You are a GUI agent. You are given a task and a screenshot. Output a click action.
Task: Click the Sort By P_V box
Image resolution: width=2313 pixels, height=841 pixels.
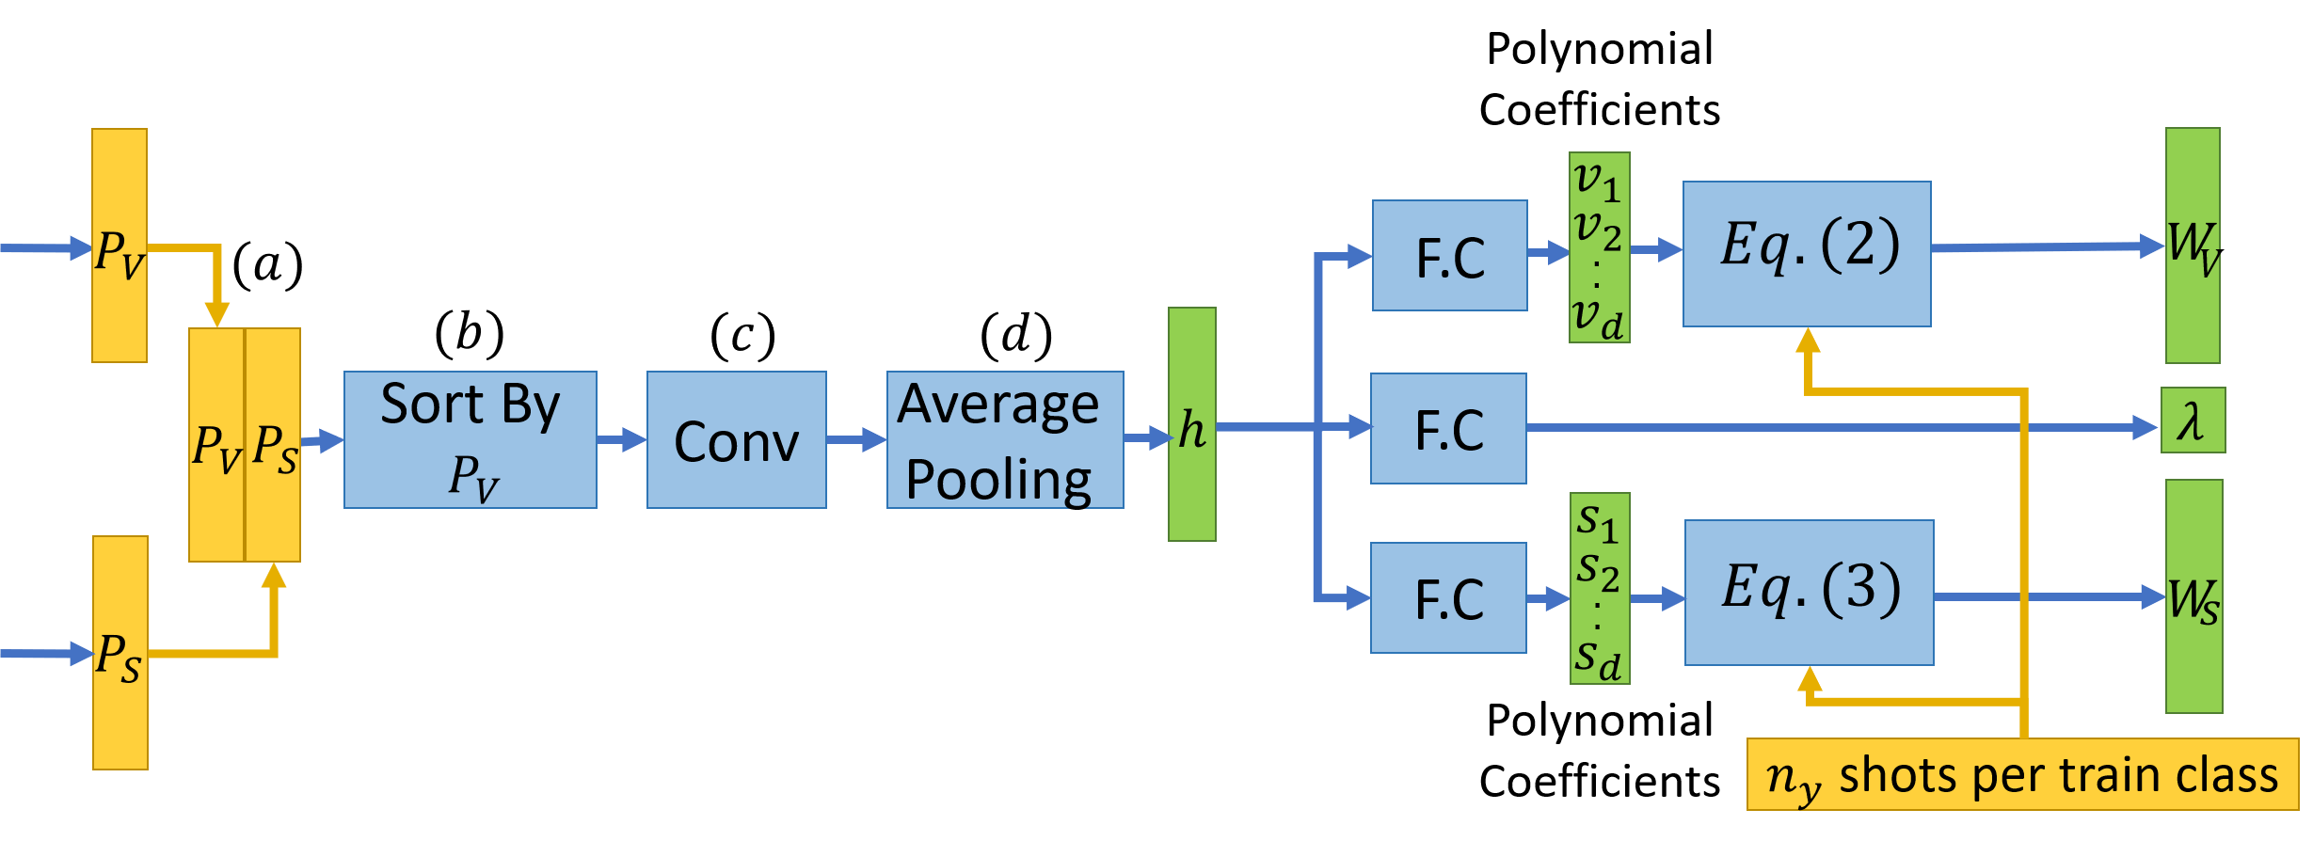coord(470,439)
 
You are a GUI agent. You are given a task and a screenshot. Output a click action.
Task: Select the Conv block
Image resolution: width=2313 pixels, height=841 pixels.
coord(736,439)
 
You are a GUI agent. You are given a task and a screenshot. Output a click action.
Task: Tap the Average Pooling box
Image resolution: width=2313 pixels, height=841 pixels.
coord(1004,439)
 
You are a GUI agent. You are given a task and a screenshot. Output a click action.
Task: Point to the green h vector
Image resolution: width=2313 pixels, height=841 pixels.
coord(1191,424)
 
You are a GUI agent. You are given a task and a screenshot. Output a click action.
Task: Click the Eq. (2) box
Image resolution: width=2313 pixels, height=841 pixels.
coord(1807,254)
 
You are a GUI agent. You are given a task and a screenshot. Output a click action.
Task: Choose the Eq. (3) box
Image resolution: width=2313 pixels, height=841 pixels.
coord(1809,593)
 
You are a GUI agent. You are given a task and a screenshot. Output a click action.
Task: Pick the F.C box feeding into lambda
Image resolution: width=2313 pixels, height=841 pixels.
coord(1448,428)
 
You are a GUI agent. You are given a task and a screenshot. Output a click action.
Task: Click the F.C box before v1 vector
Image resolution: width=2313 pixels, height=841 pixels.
coord(1449,255)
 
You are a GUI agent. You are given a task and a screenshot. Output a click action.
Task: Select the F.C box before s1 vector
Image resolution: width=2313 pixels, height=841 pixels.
coord(1448,597)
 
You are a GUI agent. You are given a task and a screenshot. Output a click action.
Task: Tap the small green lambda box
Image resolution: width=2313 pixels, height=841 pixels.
coord(2193,420)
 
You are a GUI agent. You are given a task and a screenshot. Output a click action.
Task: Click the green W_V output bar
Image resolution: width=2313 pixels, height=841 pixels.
coord(2193,246)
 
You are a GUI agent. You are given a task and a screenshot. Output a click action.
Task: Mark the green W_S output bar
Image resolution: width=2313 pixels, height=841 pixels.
coord(2193,596)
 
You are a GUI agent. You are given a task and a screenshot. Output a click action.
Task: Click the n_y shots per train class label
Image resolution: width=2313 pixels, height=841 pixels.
coord(2022,774)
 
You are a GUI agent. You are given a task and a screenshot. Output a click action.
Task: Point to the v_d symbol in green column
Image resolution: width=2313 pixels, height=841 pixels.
coord(1598,317)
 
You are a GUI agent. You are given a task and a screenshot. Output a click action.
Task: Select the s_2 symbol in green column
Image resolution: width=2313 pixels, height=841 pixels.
coord(1598,570)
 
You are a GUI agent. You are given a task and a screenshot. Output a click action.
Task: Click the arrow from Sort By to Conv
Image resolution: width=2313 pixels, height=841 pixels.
coord(621,439)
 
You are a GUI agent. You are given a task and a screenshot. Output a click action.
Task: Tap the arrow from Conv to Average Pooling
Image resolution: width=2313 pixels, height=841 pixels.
coord(856,439)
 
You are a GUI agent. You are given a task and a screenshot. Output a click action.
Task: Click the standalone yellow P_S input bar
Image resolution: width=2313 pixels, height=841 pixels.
coord(120,653)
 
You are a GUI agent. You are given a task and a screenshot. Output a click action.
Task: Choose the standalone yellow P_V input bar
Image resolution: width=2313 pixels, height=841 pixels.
coord(120,246)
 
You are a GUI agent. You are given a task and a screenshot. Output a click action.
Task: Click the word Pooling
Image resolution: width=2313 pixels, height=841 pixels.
coord(998,479)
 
